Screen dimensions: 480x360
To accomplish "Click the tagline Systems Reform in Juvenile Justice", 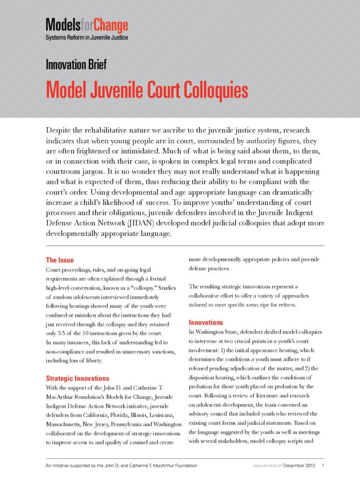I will (87, 37).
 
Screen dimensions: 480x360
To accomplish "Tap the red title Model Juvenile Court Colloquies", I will (147, 90).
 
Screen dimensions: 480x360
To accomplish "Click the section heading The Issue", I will (60, 260).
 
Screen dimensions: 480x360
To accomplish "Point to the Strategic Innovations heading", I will (77, 378).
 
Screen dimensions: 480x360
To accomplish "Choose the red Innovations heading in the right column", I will (206, 322).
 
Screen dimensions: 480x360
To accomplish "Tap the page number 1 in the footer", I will (323, 465).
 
